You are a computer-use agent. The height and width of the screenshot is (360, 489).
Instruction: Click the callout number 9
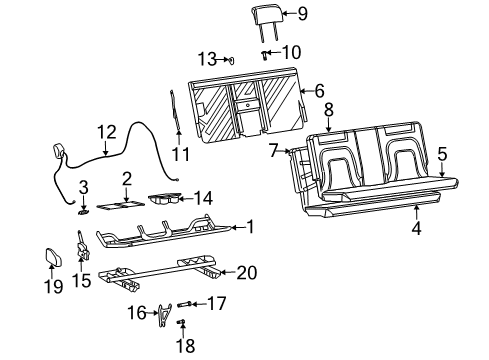tap(303, 14)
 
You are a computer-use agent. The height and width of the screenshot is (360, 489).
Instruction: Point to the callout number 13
tap(207, 57)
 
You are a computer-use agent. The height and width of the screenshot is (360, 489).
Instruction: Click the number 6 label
tap(320, 91)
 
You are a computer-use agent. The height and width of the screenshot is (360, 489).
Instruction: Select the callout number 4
tap(416, 227)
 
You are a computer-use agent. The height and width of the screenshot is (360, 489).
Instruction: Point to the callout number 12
tap(106, 130)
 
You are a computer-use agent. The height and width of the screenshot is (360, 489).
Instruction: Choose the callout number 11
tap(180, 153)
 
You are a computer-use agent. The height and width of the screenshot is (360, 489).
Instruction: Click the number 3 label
tap(84, 186)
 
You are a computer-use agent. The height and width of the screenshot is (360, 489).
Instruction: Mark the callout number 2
tap(126, 178)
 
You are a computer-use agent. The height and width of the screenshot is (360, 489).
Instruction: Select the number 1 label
tap(250, 227)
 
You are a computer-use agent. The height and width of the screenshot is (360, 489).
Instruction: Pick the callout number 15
tap(84, 282)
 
